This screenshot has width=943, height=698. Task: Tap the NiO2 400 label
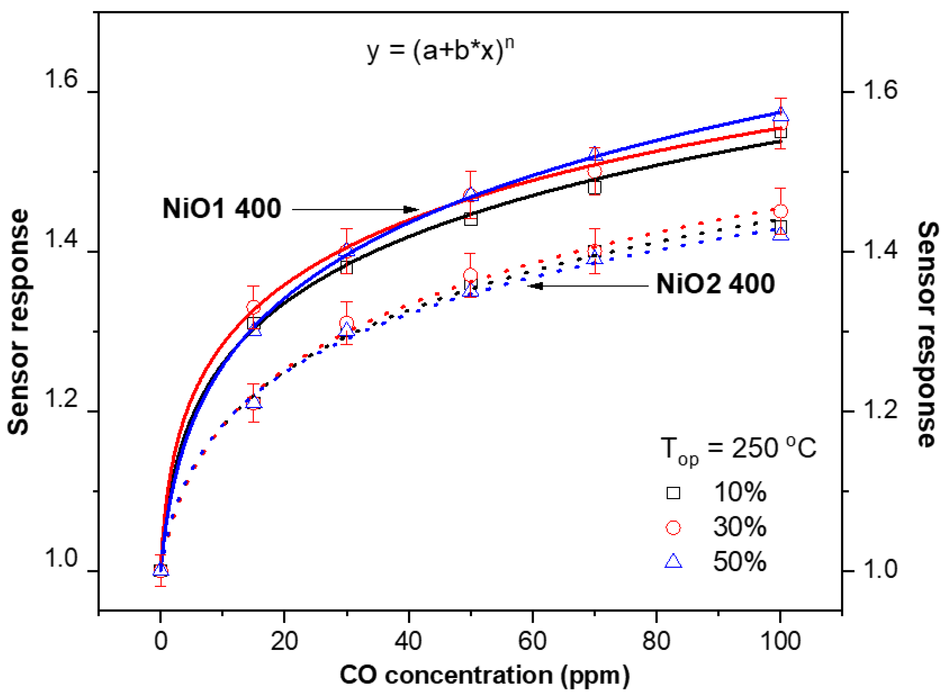(715, 284)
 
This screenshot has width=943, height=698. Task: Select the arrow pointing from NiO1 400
(355, 209)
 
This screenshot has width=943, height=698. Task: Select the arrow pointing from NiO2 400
(589, 286)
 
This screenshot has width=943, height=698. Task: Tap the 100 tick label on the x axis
(780, 641)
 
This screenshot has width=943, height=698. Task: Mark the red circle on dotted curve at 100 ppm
(780, 211)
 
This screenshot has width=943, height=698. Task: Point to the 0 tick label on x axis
(161, 641)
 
